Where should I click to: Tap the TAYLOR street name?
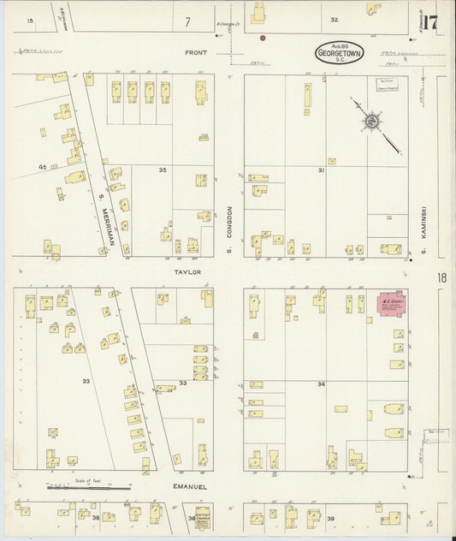188,271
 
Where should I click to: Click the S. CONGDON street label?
229,230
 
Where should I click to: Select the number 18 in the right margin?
441,277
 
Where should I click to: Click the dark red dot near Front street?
263,38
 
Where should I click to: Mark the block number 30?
162,170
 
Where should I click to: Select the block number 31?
322,170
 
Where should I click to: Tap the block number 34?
322,384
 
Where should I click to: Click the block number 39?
331,519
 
